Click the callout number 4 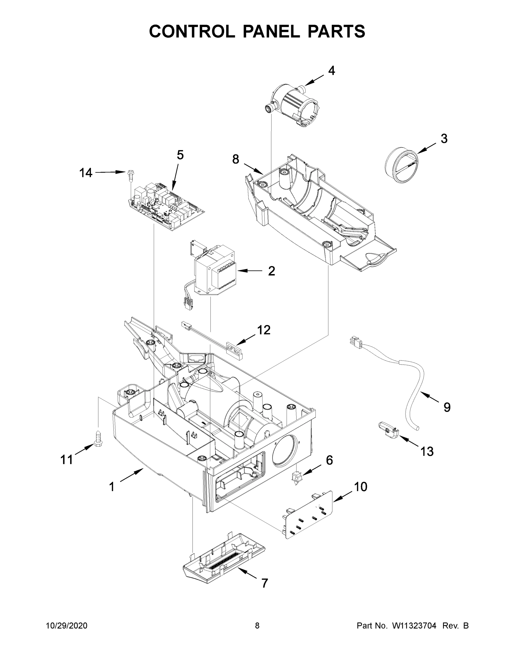coord(332,71)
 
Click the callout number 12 coord(264,330)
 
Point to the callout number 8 coord(236,159)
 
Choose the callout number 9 coord(447,407)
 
